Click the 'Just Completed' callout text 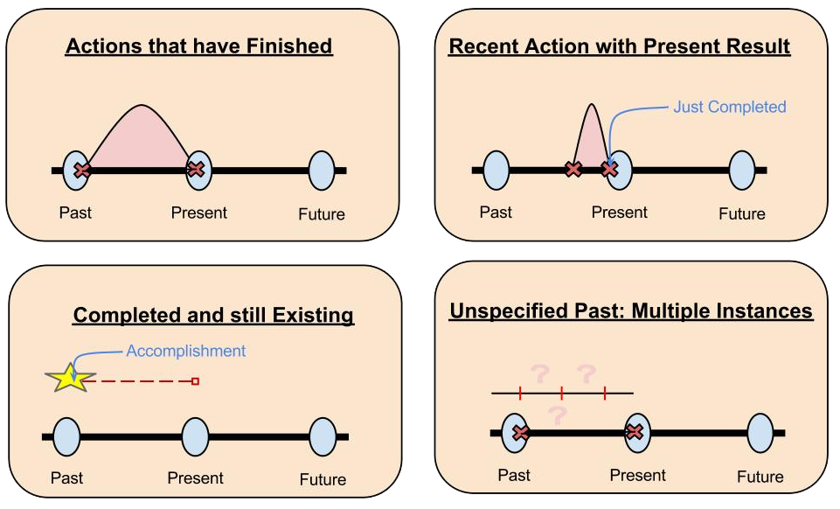tap(729, 107)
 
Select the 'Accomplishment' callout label tap(186, 351)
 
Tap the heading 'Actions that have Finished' tap(198, 45)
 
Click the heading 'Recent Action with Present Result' tap(619, 46)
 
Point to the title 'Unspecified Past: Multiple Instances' tap(630, 311)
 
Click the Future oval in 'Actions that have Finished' tap(322, 170)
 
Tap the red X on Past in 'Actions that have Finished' tap(81, 170)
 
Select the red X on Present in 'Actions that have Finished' tap(197, 169)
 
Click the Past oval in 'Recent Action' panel tap(496, 170)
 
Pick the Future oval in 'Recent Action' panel tap(742, 170)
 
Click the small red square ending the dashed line tap(195, 381)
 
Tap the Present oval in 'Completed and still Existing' tap(195, 436)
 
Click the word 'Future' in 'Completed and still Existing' tap(323, 479)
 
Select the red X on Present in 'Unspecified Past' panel tap(635, 432)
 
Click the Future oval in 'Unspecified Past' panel tap(760, 432)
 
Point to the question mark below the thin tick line tap(555, 414)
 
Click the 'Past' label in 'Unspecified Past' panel tap(514, 475)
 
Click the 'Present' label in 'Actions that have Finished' tap(198, 213)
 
